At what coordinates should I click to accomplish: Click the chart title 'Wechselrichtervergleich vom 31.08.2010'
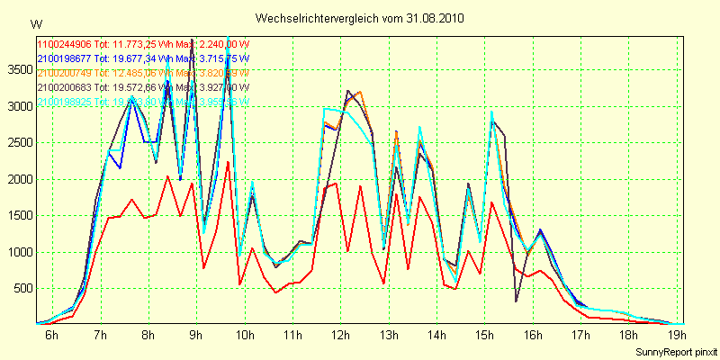coord(360,18)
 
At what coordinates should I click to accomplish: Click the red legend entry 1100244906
coord(64,43)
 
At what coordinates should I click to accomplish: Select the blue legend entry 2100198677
coord(64,58)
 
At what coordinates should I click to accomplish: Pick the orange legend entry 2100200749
coord(64,72)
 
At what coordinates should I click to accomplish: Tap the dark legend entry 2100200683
coord(64,86)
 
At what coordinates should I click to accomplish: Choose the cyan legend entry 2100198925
coord(64,101)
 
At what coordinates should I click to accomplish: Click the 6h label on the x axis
coord(52,337)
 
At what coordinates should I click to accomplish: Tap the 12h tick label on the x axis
coord(341,337)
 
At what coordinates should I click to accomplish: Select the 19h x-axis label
coord(678,337)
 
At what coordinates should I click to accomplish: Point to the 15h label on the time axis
coord(485,337)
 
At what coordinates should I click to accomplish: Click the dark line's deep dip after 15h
coord(516,301)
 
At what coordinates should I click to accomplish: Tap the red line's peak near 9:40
coord(229,162)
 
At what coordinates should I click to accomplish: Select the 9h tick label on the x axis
coord(196,337)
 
